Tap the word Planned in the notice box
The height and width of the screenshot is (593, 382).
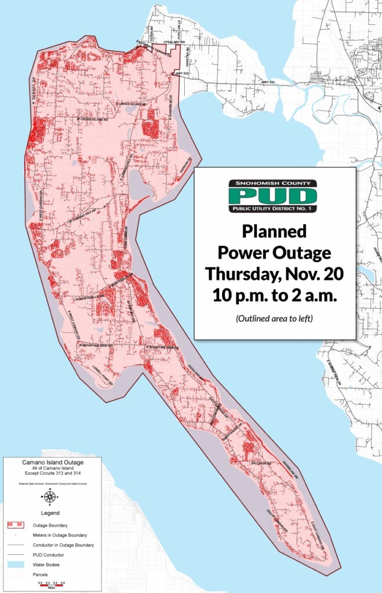coord(274,232)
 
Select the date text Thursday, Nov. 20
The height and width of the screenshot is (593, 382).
coord(274,273)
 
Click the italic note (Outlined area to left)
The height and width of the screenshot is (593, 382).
coord(274,319)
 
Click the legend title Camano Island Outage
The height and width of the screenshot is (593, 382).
coord(53,463)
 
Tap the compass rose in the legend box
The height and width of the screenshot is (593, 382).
coord(50,496)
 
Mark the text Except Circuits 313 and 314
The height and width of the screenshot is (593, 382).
coord(53,474)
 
